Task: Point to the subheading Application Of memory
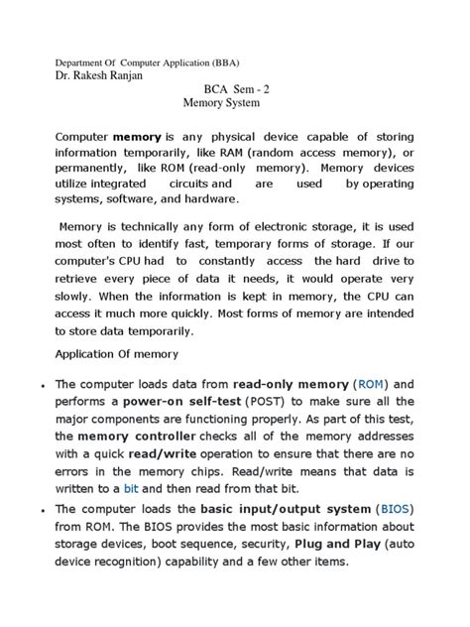[x=117, y=354]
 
